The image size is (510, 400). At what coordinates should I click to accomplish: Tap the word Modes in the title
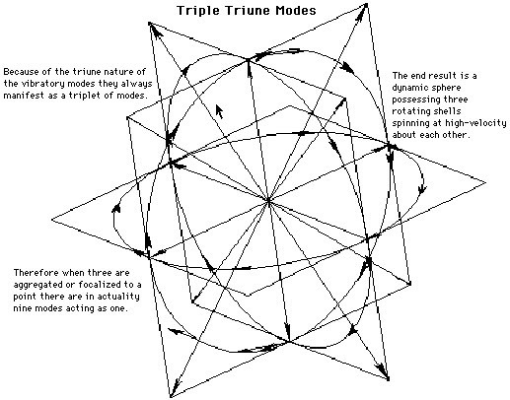coord(296,10)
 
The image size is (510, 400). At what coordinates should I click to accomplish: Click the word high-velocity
coord(475,123)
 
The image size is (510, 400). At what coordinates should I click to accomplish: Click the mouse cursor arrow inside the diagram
coord(219,111)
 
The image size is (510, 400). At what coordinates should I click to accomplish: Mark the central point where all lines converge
coord(268,200)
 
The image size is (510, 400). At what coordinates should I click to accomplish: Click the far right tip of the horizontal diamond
coord(485,182)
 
